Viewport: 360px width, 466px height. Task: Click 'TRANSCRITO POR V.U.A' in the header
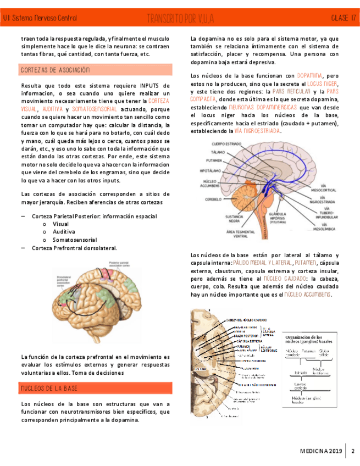tap(180, 19)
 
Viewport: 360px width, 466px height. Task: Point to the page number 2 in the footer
tap(352, 451)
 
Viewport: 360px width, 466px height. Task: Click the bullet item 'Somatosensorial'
tap(75, 240)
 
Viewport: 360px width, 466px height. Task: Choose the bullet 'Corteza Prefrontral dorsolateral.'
tap(75, 248)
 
